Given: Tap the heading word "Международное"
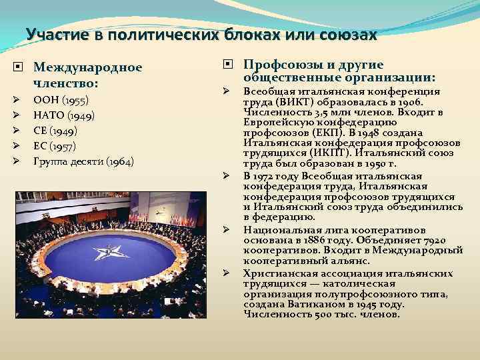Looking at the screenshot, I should coord(88,67).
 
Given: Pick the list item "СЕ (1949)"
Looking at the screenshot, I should coord(55,131).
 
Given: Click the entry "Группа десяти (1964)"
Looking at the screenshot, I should coord(83,161).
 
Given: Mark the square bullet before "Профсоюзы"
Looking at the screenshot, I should coord(228,65).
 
